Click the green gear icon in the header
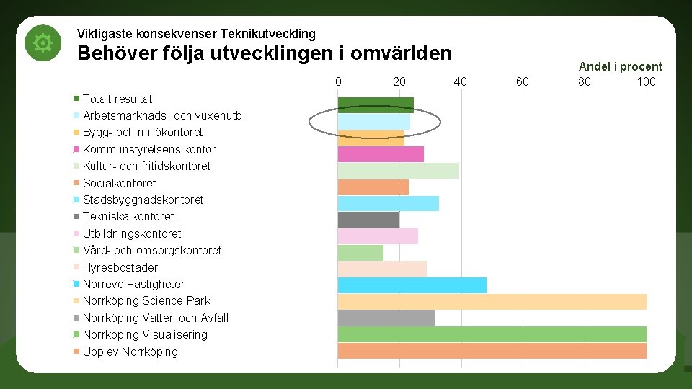[x=43, y=44]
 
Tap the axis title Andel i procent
[x=620, y=66]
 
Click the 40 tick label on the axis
[x=461, y=81]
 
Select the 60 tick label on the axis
[x=523, y=81]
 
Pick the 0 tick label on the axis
[x=338, y=81]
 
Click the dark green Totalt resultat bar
[x=376, y=105]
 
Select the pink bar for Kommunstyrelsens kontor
[x=381, y=154]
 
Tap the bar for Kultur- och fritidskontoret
[x=398, y=171]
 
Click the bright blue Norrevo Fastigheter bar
[x=412, y=285]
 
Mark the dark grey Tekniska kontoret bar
[x=368, y=220]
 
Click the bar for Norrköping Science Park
[x=492, y=301]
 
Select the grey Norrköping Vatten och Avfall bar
[x=386, y=318]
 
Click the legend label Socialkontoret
[x=119, y=183]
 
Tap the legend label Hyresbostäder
[x=120, y=267]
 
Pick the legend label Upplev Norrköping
[x=130, y=352]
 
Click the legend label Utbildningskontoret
[x=132, y=233]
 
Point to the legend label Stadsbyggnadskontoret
[x=143, y=200]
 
